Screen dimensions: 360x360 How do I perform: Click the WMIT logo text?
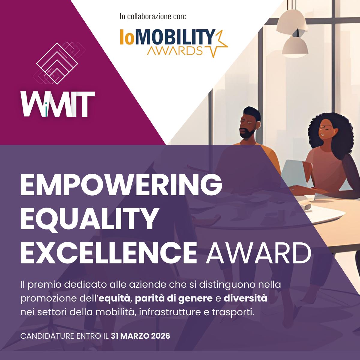coord(58,104)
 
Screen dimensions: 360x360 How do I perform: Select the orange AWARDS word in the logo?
coord(175,51)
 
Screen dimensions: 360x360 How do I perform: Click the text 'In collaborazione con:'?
coord(153,16)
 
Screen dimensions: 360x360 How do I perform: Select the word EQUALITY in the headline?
coord(88,219)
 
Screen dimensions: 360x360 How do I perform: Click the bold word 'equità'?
coord(114,299)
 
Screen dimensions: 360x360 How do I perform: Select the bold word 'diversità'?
coord(245,298)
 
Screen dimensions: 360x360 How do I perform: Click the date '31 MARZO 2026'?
coord(140,336)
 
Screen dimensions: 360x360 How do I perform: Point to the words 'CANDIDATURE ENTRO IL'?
coord(64,336)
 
